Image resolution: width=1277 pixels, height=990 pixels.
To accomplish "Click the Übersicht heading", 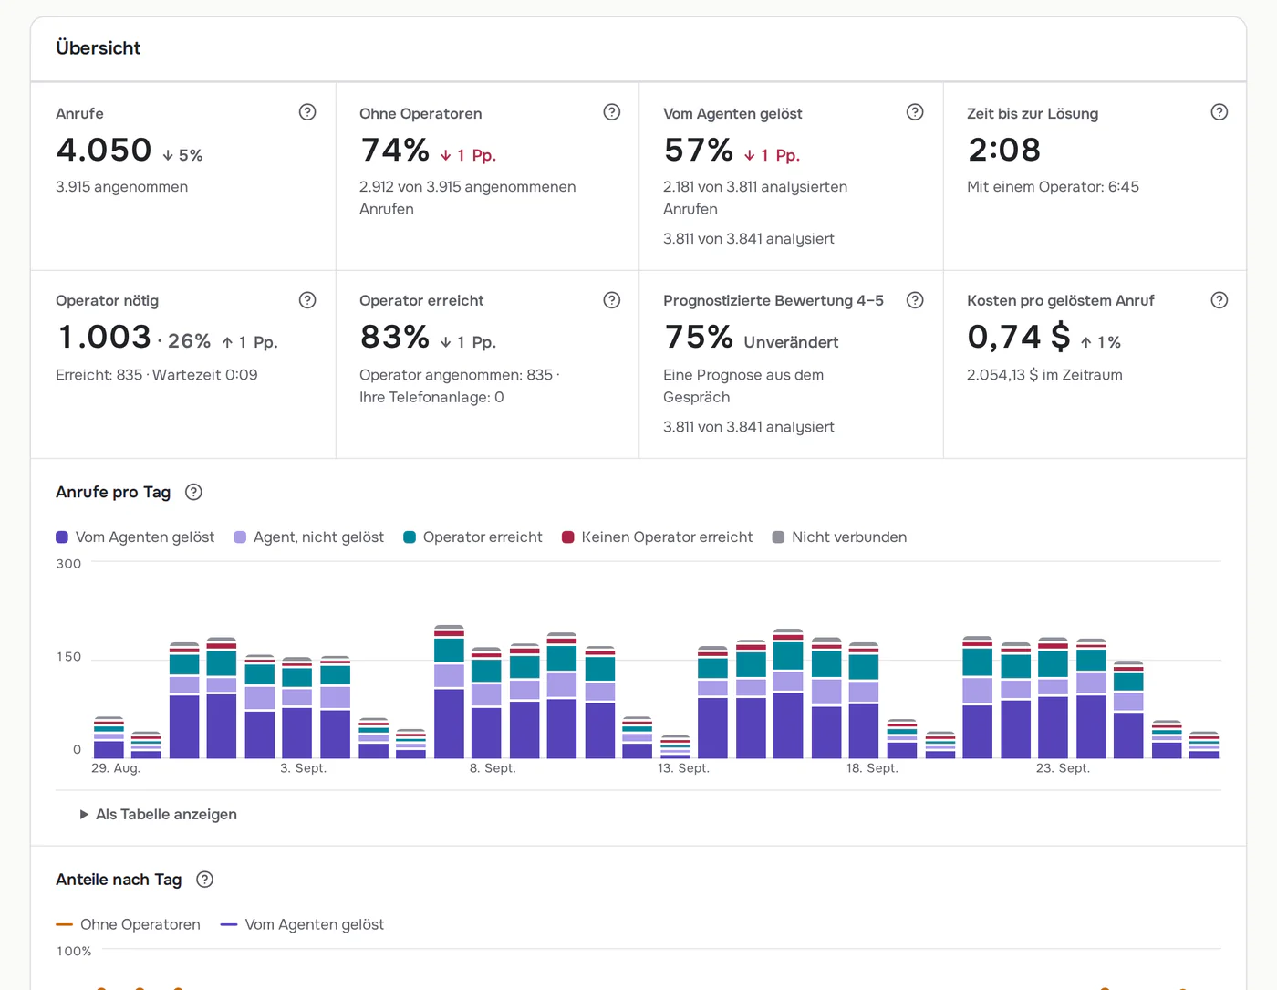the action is click(99, 47).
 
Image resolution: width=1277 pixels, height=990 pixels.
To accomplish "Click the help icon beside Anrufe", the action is click(307, 112).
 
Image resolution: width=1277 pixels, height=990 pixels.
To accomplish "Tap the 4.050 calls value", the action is click(104, 150).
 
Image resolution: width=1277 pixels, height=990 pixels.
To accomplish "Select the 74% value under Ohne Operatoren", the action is click(395, 150).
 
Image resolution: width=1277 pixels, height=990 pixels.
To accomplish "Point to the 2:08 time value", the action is click(1004, 150).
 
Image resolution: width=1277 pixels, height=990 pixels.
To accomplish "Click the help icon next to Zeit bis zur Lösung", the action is click(1220, 112).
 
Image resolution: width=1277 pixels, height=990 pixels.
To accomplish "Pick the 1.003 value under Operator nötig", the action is click(104, 337).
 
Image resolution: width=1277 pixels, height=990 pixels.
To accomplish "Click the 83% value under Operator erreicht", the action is click(395, 337).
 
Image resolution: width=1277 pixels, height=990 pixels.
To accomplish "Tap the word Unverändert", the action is click(791, 342).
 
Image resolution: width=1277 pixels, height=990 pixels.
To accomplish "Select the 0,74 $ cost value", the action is click(1019, 337).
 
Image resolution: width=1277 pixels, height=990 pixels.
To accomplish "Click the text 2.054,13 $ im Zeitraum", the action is click(1045, 375).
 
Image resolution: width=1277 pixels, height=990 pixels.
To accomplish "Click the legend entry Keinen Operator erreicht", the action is click(657, 537).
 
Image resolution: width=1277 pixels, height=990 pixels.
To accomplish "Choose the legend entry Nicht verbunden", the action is click(839, 537).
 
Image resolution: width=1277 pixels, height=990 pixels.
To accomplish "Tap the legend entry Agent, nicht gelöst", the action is click(308, 537).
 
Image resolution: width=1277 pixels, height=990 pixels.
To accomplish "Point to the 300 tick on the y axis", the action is click(68, 564).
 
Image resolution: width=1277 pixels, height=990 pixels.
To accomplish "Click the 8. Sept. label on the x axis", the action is click(493, 768).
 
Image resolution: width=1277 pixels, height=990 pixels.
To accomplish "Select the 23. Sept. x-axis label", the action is click(1063, 768).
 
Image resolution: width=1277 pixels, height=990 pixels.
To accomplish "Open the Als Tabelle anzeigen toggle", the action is click(158, 814).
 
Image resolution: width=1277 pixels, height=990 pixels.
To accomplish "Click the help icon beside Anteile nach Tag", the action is click(204, 880).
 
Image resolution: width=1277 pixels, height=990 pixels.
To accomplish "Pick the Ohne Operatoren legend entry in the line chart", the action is click(128, 924).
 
